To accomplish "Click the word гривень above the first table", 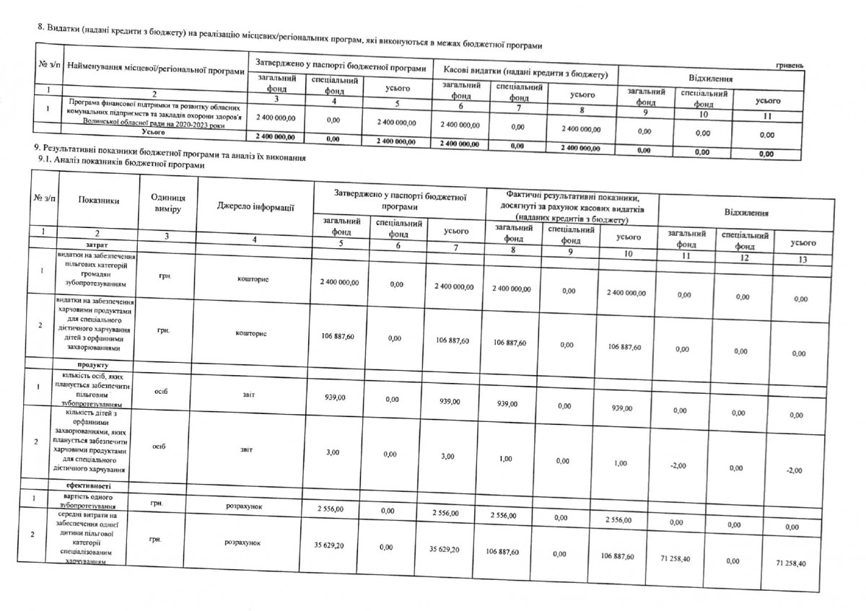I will coord(790,65).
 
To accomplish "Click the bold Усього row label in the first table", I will coord(154,133).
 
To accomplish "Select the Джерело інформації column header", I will coord(255,207).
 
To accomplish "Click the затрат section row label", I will coord(96,245).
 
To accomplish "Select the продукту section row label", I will coord(97,366).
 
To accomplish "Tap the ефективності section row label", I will coord(96,486).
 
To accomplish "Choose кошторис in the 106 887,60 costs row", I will coord(250,334).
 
